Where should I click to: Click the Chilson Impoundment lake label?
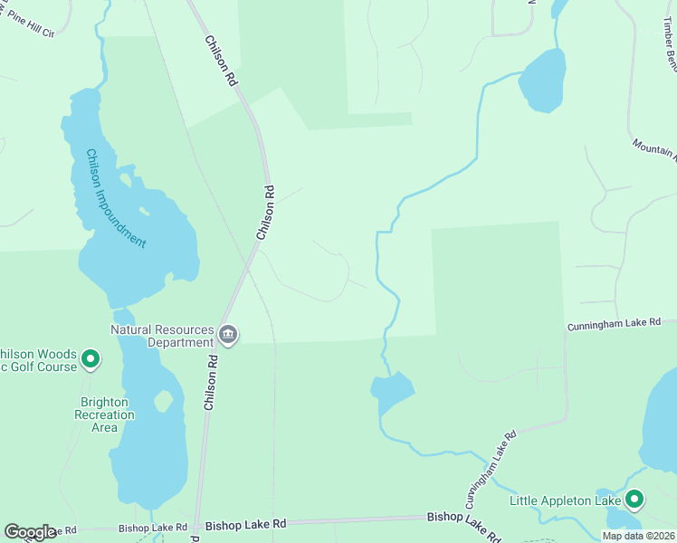115,198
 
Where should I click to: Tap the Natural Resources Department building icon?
228,336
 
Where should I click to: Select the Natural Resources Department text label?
163,336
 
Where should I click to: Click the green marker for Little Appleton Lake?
634,500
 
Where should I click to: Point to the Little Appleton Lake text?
566,500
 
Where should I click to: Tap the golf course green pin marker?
91,359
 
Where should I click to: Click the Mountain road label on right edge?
654,149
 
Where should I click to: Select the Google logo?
30,532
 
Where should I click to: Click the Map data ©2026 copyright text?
638,536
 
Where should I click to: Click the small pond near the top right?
543,81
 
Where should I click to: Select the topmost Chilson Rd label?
221,62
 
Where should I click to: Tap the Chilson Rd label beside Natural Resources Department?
211,381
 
